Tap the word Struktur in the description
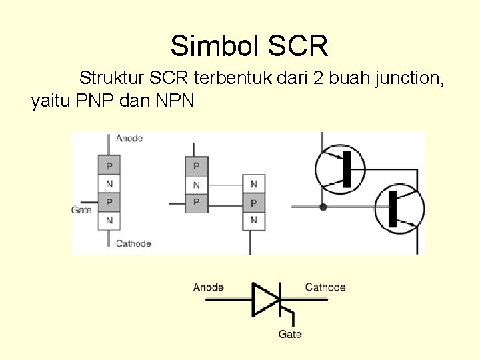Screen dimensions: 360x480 pos(111,79)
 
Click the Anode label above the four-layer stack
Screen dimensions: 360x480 pos(129,138)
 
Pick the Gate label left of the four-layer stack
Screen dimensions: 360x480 pos(81,210)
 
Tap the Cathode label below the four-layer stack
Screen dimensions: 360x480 pos(133,243)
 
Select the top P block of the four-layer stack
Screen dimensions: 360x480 pos(109,165)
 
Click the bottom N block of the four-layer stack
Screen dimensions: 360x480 pos(109,220)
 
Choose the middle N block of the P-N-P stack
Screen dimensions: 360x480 pos(196,184)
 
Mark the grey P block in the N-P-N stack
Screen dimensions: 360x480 pos(253,202)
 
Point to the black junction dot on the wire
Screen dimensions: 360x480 pos(323,207)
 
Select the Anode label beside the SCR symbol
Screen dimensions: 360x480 pos(208,287)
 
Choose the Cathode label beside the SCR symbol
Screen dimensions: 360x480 pos(325,287)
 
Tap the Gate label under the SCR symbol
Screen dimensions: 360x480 pos(290,334)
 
